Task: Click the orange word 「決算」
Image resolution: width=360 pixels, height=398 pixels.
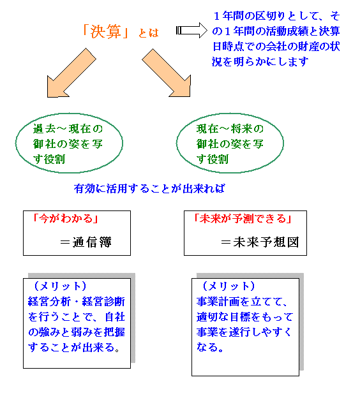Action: (105, 32)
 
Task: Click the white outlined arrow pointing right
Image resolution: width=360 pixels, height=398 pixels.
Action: (191, 31)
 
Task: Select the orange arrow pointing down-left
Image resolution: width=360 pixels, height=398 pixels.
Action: (71, 73)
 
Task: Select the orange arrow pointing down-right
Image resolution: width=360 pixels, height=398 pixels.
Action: (167, 73)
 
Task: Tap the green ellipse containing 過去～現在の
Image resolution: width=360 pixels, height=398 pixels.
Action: (16, 143)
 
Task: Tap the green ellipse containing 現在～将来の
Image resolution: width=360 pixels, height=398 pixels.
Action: (177, 143)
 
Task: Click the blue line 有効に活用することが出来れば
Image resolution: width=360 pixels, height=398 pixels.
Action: (149, 189)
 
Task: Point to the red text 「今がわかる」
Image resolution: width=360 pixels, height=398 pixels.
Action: (66, 219)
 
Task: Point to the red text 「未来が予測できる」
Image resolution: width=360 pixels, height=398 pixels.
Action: (243, 219)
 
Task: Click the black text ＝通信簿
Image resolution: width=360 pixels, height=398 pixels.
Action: (86, 242)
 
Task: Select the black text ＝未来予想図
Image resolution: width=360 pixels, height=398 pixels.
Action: (260, 242)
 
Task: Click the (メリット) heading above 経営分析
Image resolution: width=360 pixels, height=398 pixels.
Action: (60, 286)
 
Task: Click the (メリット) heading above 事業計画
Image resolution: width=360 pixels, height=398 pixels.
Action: (229, 286)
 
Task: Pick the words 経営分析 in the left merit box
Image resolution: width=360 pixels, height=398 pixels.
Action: (49, 302)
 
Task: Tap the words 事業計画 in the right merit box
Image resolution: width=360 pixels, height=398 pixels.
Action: (218, 302)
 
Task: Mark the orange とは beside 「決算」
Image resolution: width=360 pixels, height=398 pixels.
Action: (148, 33)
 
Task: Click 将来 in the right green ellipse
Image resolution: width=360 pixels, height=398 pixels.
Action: (241, 129)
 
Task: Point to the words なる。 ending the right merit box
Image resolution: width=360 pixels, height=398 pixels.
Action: (210, 347)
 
